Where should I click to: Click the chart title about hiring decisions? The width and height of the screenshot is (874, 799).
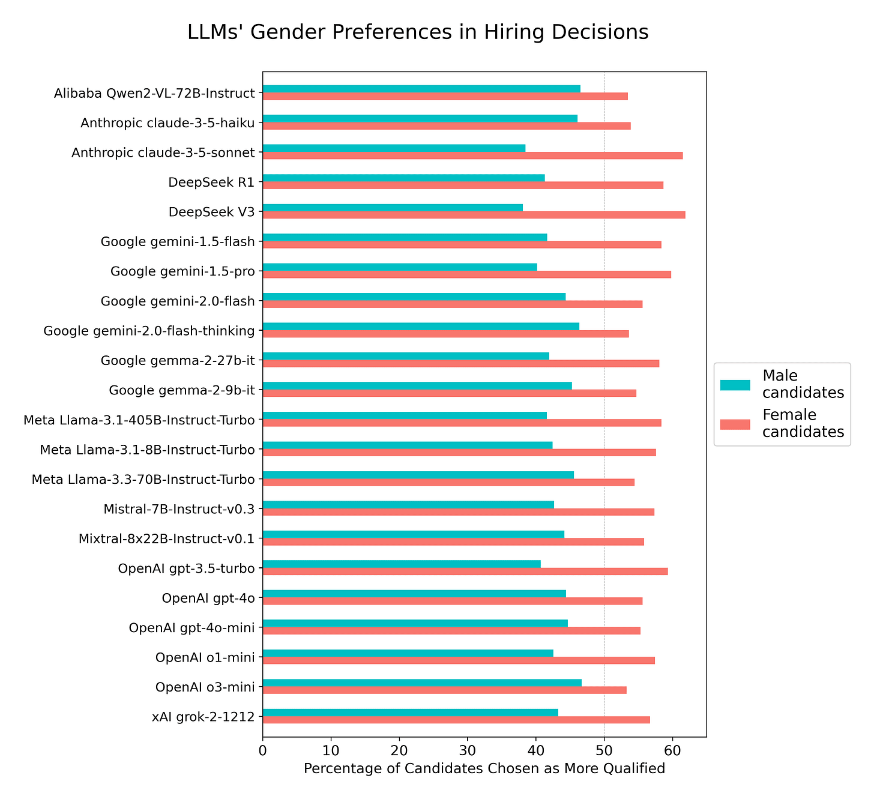(x=418, y=32)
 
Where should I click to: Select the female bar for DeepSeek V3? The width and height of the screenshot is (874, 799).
(x=474, y=215)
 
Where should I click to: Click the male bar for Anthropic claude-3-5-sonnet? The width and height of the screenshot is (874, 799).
(x=394, y=148)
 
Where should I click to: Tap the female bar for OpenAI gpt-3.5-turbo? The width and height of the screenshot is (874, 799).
(x=465, y=571)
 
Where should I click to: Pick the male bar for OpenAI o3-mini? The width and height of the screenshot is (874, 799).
(x=422, y=683)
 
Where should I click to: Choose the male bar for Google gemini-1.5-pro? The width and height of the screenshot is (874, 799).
(x=400, y=267)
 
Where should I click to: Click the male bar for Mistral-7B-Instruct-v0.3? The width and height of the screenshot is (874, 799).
(x=408, y=504)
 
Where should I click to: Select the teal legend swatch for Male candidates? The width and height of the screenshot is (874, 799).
(x=735, y=385)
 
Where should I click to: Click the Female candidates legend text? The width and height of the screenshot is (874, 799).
(x=803, y=423)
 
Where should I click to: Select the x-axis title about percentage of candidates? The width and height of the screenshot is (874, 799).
(x=484, y=768)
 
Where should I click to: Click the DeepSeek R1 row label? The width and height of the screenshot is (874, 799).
(x=212, y=182)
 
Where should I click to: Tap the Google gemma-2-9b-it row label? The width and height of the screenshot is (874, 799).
(x=182, y=390)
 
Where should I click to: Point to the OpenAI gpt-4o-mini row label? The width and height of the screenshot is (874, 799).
(x=192, y=628)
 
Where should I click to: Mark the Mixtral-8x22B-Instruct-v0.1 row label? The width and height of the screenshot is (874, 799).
(x=167, y=538)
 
